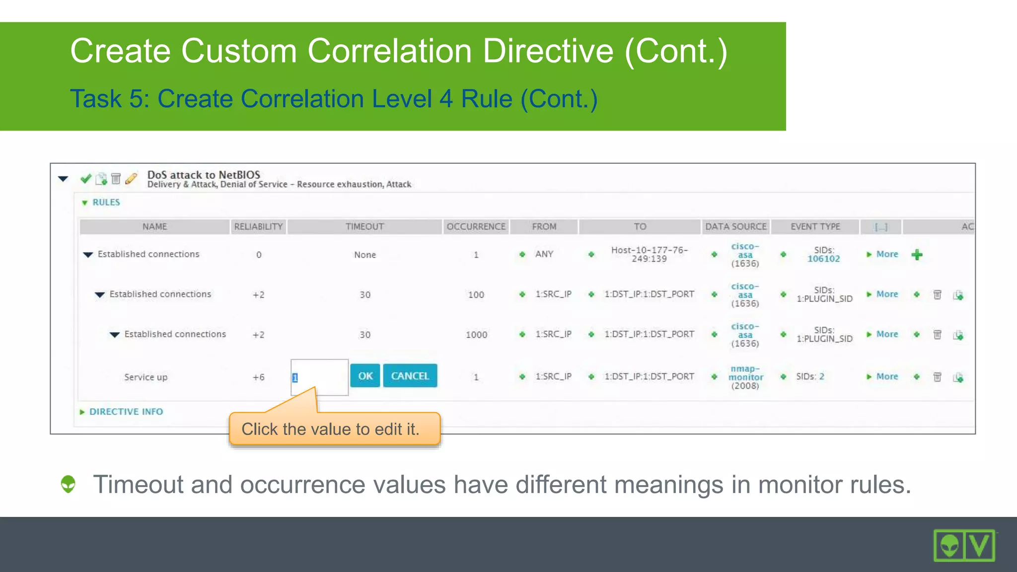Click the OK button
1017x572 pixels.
point(365,376)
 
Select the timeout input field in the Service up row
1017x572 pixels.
point(319,377)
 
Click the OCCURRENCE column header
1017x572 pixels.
point(476,227)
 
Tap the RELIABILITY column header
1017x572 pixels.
point(258,227)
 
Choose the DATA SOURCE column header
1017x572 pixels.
point(735,227)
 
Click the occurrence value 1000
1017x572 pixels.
point(476,335)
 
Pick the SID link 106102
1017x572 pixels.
point(823,259)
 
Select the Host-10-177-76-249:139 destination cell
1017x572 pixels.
point(649,254)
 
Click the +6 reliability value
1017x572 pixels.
point(258,377)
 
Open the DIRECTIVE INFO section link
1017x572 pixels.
point(126,412)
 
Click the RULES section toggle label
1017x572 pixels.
point(106,203)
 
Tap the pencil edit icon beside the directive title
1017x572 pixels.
point(131,179)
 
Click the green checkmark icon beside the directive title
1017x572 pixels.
point(85,179)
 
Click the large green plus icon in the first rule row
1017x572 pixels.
point(917,255)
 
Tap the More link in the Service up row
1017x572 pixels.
point(886,377)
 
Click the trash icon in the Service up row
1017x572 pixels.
point(937,377)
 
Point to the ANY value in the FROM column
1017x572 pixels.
point(544,254)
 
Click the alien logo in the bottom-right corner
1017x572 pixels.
point(949,545)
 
